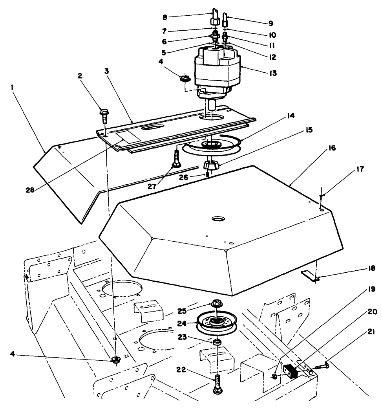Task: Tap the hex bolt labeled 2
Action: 104,116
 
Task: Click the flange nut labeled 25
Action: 216,303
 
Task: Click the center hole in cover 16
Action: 216,217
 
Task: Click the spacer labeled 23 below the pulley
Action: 216,343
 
